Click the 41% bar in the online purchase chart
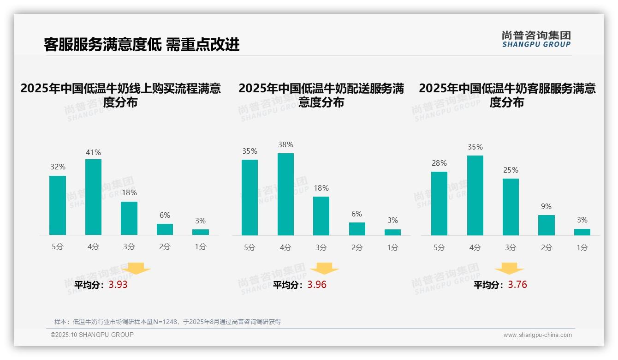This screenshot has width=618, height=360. pyautogui.click(x=93, y=197)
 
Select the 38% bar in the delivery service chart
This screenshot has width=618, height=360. pyautogui.click(x=285, y=194)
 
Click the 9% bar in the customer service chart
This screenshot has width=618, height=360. pyautogui.click(x=546, y=225)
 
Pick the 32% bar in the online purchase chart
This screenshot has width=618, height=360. pyautogui.click(x=58, y=205)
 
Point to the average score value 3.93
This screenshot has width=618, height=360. pyautogui.click(x=118, y=285)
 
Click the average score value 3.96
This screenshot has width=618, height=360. pyautogui.click(x=317, y=285)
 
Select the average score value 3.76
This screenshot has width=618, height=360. pyautogui.click(x=517, y=285)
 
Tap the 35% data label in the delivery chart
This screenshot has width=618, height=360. pyautogui.click(x=250, y=151)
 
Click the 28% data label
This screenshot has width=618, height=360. pyautogui.click(x=439, y=163)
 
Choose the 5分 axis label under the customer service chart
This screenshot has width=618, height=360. pyautogui.click(x=439, y=247)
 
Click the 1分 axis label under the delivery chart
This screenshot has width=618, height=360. pyautogui.click(x=392, y=247)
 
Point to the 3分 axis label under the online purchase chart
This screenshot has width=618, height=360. pyautogui.click(x=129, y=247)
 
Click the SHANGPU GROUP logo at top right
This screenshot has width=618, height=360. pyautogui.click(x=536, y=39)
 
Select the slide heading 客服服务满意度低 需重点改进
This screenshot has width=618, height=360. pyautogui.click(x=142, y=44)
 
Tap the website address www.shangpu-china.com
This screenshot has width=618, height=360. pyautogui.click(x=537, y=335)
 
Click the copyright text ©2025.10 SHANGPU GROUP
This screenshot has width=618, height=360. pyautogui.click(x=92, y=335)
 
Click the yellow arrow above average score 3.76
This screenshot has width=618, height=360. pyautogui.click(x=509, y=269)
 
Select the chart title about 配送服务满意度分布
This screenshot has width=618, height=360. pyautogui.click(x=321, y=95)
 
